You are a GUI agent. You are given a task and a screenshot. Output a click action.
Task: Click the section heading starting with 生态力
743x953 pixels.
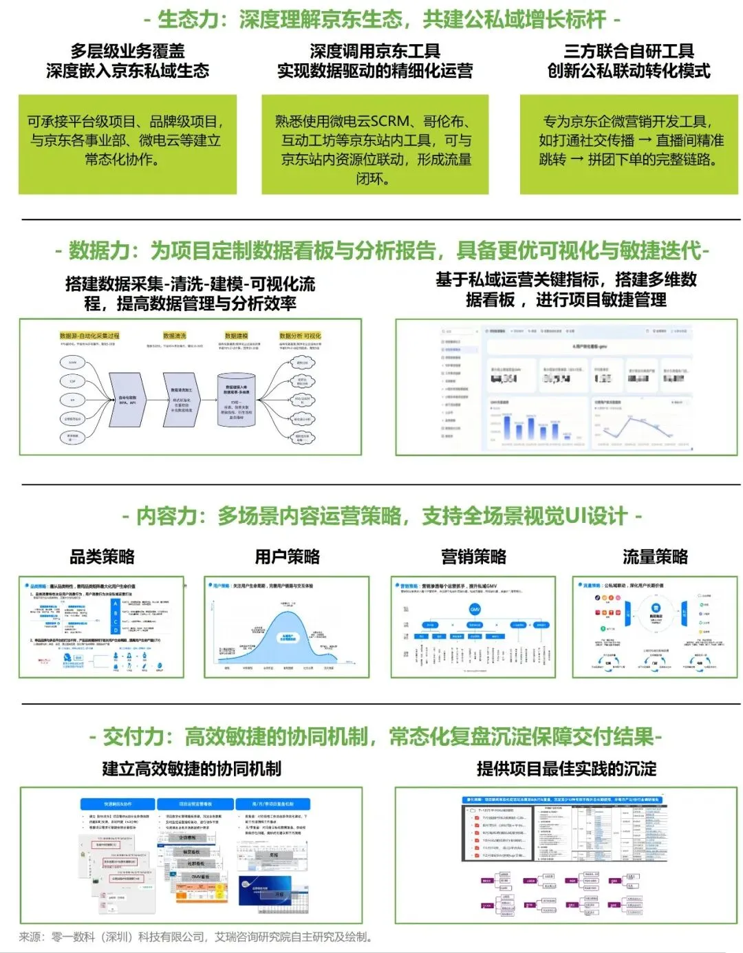[382, 19]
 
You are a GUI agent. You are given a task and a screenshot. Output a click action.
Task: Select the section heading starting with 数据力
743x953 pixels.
[382, 250]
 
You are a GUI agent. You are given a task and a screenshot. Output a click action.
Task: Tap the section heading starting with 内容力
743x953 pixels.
[382, 515]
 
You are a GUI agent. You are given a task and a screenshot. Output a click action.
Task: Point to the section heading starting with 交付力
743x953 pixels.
[376, 737]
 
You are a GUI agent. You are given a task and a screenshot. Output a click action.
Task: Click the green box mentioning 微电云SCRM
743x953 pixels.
[374, 149]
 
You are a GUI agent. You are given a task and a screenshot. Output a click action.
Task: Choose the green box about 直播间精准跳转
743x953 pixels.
[630, 141]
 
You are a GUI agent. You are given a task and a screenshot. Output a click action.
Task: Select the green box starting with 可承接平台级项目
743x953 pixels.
[127, 140]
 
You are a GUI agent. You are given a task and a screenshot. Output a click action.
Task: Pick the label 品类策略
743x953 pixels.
[102, 557]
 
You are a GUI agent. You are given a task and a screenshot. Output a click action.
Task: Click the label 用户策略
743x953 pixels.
[287, 557]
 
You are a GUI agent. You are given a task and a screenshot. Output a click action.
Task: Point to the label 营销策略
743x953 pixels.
[473, 557]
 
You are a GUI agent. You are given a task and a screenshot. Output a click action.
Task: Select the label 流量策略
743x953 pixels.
[654, 557]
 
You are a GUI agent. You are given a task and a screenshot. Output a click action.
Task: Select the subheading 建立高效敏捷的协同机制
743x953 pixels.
[191, 769]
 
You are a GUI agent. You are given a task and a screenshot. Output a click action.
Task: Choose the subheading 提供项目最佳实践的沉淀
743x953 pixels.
[566, 769]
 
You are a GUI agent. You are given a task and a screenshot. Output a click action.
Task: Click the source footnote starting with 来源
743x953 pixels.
[196, 937]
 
